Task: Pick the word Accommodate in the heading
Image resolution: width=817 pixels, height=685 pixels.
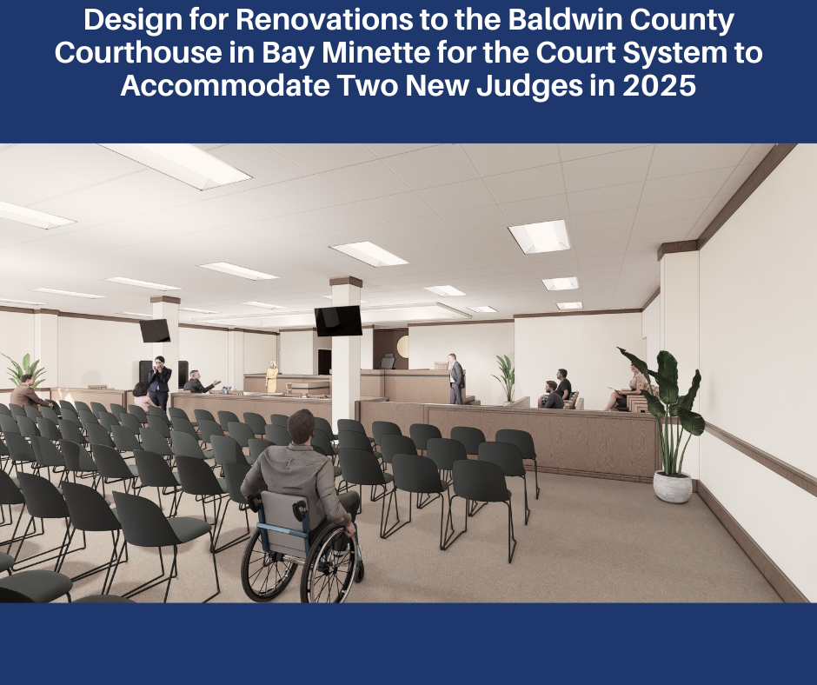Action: point(225,85)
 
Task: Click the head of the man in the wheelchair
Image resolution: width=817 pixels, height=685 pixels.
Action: point(302,425)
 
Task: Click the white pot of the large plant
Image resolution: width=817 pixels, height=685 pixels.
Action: point(673,486)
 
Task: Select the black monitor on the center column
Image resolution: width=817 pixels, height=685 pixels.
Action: point(338,321)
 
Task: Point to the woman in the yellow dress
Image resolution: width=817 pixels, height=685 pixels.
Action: point(271,376)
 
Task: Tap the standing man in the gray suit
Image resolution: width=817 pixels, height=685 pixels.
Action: point(456,378)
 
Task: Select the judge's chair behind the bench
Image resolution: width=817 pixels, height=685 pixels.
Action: point(389,362)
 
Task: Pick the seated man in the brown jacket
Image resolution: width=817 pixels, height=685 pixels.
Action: point(30,392)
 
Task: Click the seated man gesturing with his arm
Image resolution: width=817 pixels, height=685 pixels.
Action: point(200,382)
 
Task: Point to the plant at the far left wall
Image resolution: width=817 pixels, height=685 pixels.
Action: point(24,369)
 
